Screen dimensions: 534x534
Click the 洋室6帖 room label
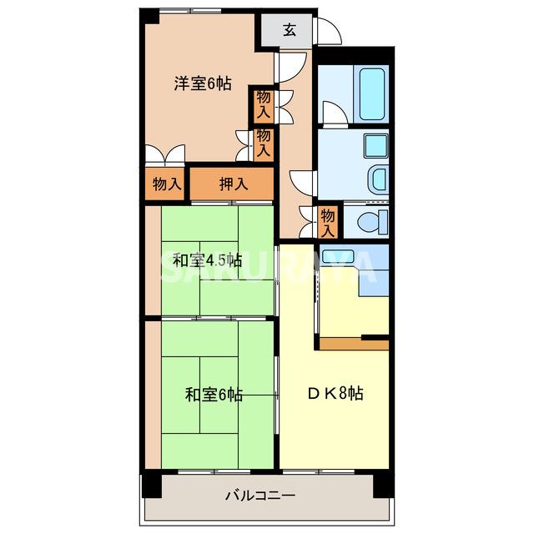(x=203, y=83)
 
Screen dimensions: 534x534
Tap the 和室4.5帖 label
(x=207, y=259)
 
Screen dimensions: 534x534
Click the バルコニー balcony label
(x=259, y=496)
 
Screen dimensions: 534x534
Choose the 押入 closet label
(x=233, y=184)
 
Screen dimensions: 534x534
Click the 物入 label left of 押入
(x=167, y=184)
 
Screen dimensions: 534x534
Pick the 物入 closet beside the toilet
(x=329, y=220)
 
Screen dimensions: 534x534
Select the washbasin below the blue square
(x=378, y=179)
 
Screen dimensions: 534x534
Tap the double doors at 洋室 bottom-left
(x=164, y=154)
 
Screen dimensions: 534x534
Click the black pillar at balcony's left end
(x=150, y=483)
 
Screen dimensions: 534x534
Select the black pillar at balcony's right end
(x=381, y=483)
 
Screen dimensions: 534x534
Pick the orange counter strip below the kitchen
(x=354, y=344)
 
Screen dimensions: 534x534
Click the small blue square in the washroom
(x=375, y=145)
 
